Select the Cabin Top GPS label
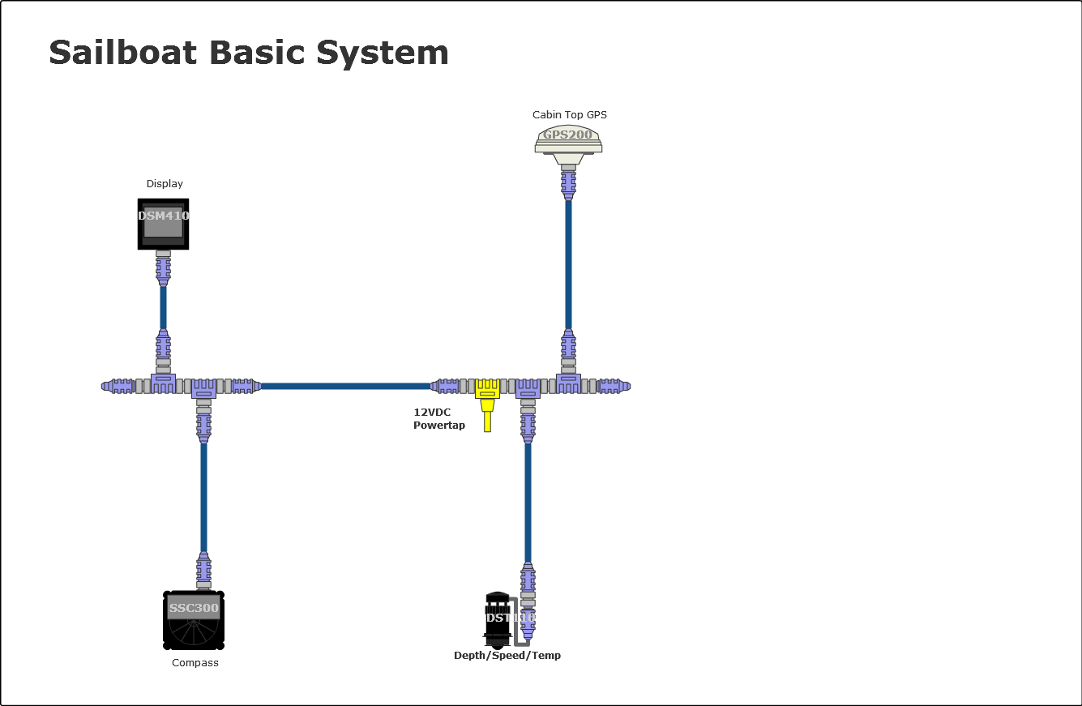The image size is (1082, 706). click(x=569, y=114)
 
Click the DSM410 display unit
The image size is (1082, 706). click(x=163, y=224)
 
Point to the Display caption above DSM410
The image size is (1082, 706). click(x=165, y=184)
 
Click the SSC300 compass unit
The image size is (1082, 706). click(x=194, y=620)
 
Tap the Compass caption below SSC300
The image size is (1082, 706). click(x=195, y=663)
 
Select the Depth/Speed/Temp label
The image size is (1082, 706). click(x=507, y=656)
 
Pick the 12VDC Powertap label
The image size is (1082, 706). click(x=439, y=419)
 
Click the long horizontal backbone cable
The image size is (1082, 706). click(x=344, y=386)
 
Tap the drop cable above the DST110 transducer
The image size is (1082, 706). click(x=528, y=503)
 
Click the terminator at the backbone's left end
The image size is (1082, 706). click(x=118, y=386)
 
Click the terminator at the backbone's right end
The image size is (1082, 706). click(x=614, y=386)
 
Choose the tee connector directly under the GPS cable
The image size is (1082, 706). click(x=568, y=383)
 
